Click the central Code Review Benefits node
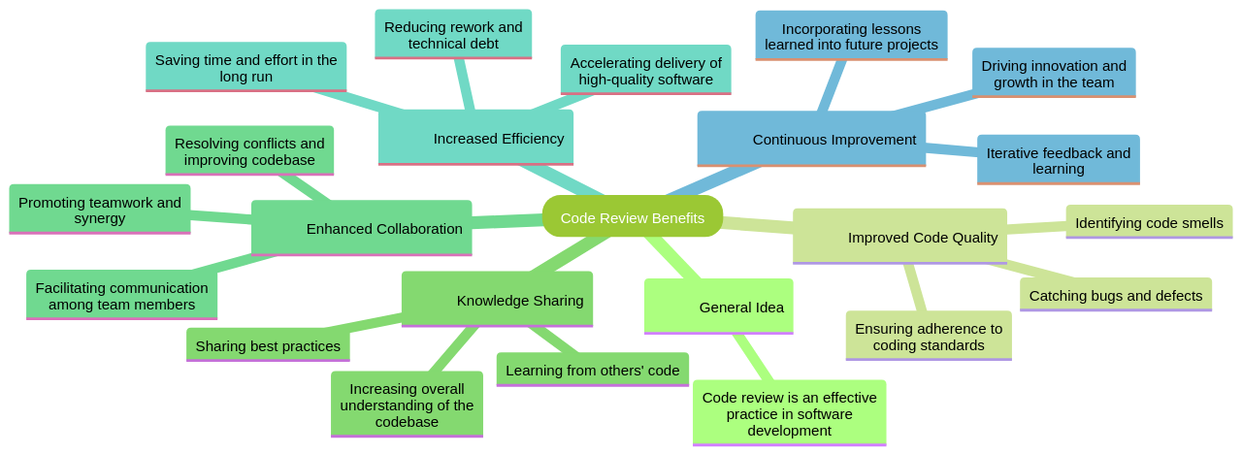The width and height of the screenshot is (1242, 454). coord(632,216)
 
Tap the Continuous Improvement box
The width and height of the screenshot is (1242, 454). coord(811,138)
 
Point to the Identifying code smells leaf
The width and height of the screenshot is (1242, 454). coord(1149,222)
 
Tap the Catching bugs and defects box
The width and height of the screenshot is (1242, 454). coord(1115,295)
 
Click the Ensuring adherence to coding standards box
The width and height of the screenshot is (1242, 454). coord(928,336)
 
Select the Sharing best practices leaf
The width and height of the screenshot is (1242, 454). coord(268,345)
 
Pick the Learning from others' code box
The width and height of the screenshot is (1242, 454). coord(592,370)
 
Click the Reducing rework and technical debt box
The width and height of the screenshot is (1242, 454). coord(453,35)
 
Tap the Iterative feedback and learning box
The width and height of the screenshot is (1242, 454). coord(1058,160)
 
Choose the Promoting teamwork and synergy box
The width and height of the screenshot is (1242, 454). coord(100,210)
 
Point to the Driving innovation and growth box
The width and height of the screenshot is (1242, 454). coord(1054,73)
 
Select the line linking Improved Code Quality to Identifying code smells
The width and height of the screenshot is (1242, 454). coord(1036,228)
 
